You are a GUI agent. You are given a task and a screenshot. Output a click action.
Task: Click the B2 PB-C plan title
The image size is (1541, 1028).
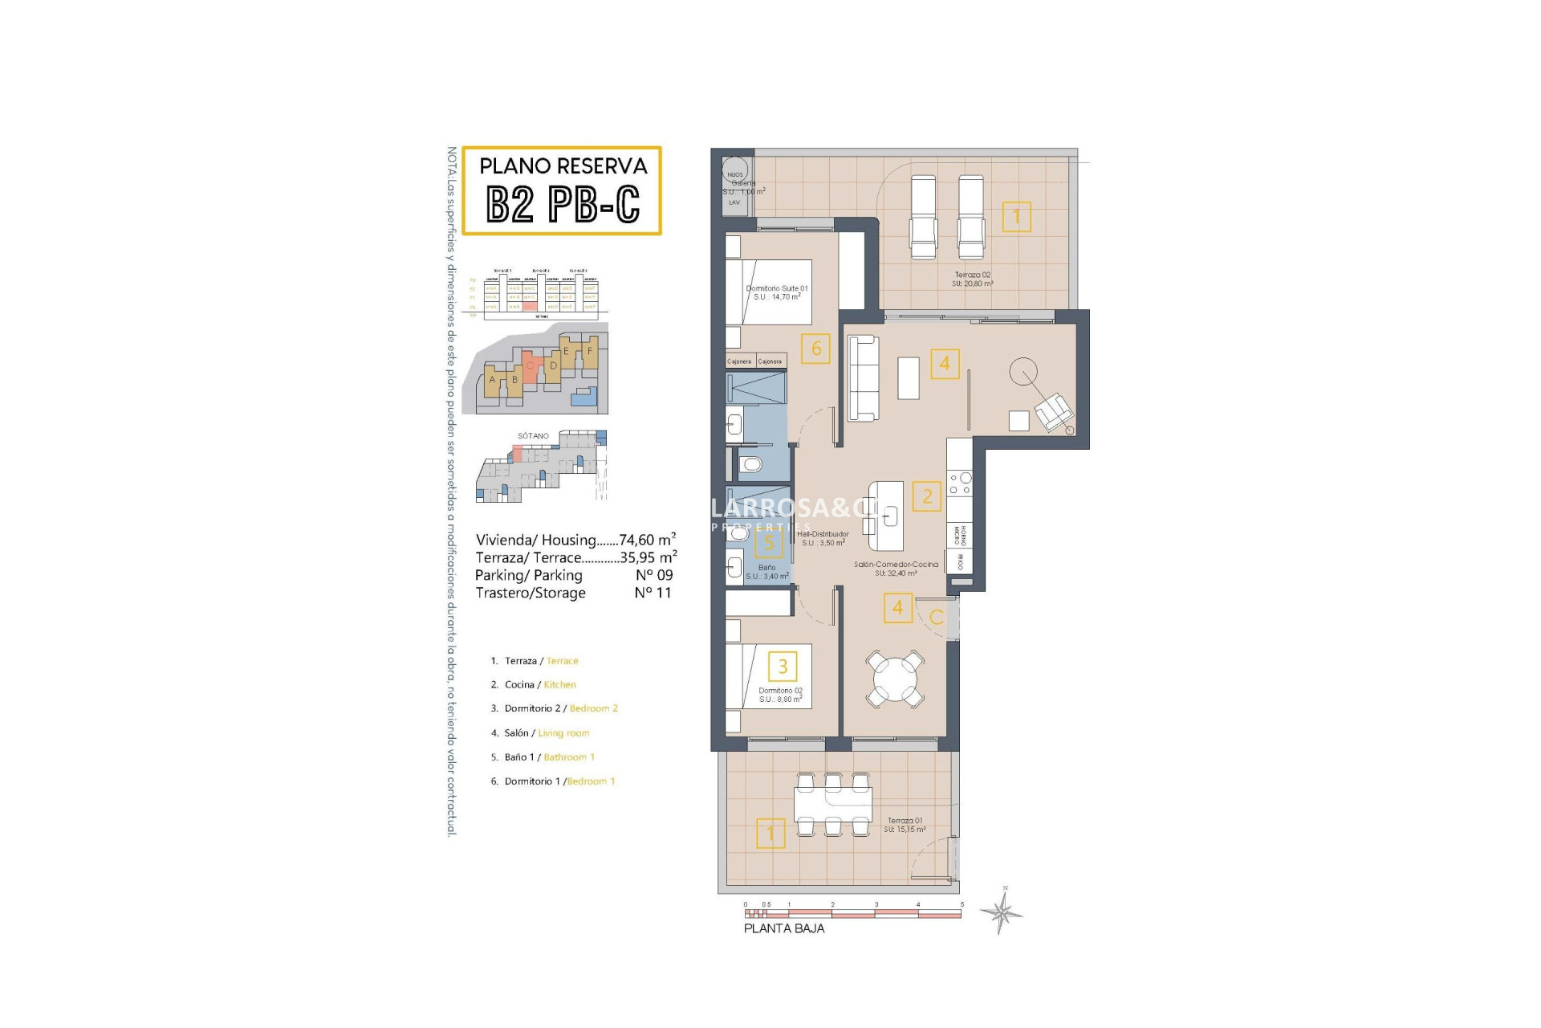pos(563,205)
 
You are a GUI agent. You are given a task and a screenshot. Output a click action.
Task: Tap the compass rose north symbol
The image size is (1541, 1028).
pos(1001,911)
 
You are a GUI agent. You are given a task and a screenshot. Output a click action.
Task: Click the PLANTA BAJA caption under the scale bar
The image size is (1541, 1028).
pos(783,928)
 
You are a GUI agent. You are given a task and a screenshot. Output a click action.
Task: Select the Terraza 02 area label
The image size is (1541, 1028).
pos(972,279)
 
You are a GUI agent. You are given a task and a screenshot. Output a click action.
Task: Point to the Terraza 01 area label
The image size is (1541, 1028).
pos(905,825)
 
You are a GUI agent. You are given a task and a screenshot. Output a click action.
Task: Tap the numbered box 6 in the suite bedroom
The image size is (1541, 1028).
pos(815,349)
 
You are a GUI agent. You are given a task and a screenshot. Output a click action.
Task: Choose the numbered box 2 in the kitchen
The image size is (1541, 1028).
pos(927,496)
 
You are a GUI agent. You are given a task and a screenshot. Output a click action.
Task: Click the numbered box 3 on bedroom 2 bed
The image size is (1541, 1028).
pos(783,666)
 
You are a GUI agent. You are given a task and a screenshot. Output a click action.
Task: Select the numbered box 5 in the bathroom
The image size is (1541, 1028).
pos(769,544)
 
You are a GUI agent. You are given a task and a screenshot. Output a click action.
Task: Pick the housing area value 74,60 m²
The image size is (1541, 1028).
pos(647,540)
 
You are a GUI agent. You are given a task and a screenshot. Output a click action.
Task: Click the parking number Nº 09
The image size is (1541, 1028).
pos(654,575)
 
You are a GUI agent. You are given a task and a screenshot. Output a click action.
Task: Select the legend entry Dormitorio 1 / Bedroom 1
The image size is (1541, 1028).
pos(553,781)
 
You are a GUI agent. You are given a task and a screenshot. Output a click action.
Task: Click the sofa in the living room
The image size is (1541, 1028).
pos(864,377)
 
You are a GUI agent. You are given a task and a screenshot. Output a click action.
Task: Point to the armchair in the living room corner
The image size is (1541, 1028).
pos(1054,413)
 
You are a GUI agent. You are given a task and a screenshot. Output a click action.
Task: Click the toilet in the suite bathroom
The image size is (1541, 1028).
pos(750,464)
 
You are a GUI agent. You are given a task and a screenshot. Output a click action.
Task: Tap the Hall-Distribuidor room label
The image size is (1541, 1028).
pos(823,538)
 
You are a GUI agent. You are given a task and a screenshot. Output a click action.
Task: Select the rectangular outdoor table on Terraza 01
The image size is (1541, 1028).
pos(832,802)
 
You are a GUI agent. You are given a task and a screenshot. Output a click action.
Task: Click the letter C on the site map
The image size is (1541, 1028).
pos(530,365)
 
